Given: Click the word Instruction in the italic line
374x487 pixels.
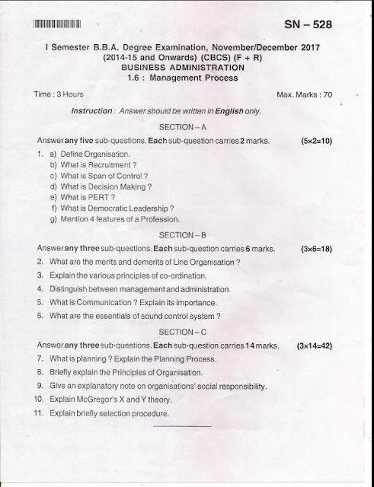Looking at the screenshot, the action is pos(92,111).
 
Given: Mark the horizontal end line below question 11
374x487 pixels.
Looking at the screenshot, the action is pos(182,426).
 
